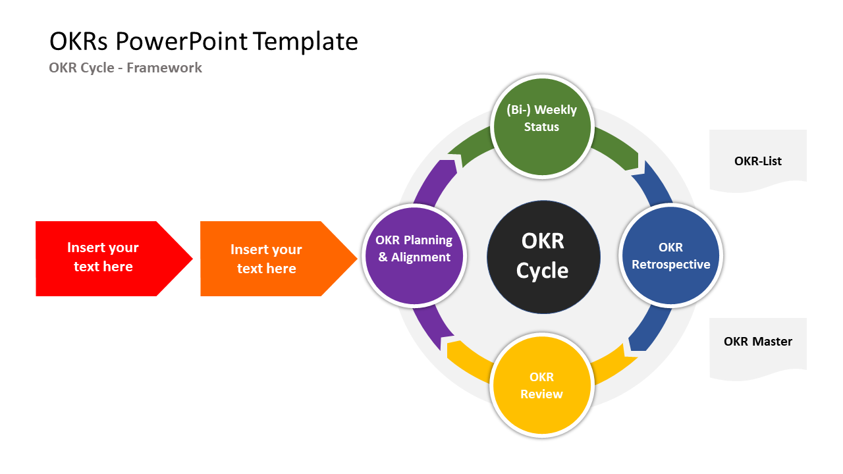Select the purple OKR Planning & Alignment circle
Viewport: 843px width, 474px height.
coord(415,255)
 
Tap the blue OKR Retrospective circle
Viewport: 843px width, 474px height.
coord(671,255)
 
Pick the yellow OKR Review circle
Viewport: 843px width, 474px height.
coord(543,385)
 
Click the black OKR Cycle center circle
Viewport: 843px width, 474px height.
coord(543,257)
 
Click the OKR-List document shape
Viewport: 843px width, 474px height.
coord(757,160)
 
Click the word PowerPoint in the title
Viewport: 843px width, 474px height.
coord(182,41)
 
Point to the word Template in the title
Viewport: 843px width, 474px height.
coord(306,41)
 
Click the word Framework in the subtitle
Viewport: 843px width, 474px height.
coord(165,67)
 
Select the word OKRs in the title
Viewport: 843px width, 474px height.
coord(80,41)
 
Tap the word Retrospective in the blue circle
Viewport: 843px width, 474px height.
coord(671,265)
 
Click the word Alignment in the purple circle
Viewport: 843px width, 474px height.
coord(421,257)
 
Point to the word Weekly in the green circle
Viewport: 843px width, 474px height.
coord(556,110)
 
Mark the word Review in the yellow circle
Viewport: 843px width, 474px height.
coord(542,394)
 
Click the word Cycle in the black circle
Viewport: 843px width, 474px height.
coord(543,271)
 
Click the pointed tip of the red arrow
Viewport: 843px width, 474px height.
coord(192,259)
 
